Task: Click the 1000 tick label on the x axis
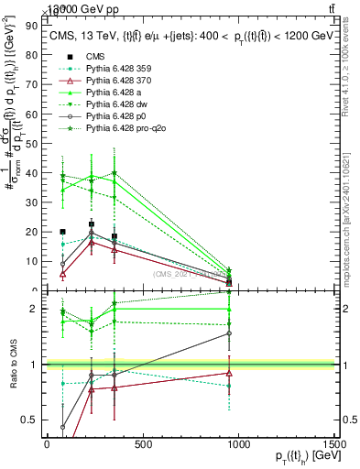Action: [x=239, y=445]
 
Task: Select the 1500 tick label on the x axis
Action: [x=335, y=445]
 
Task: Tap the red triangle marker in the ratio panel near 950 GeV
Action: [x=229, y=373]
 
